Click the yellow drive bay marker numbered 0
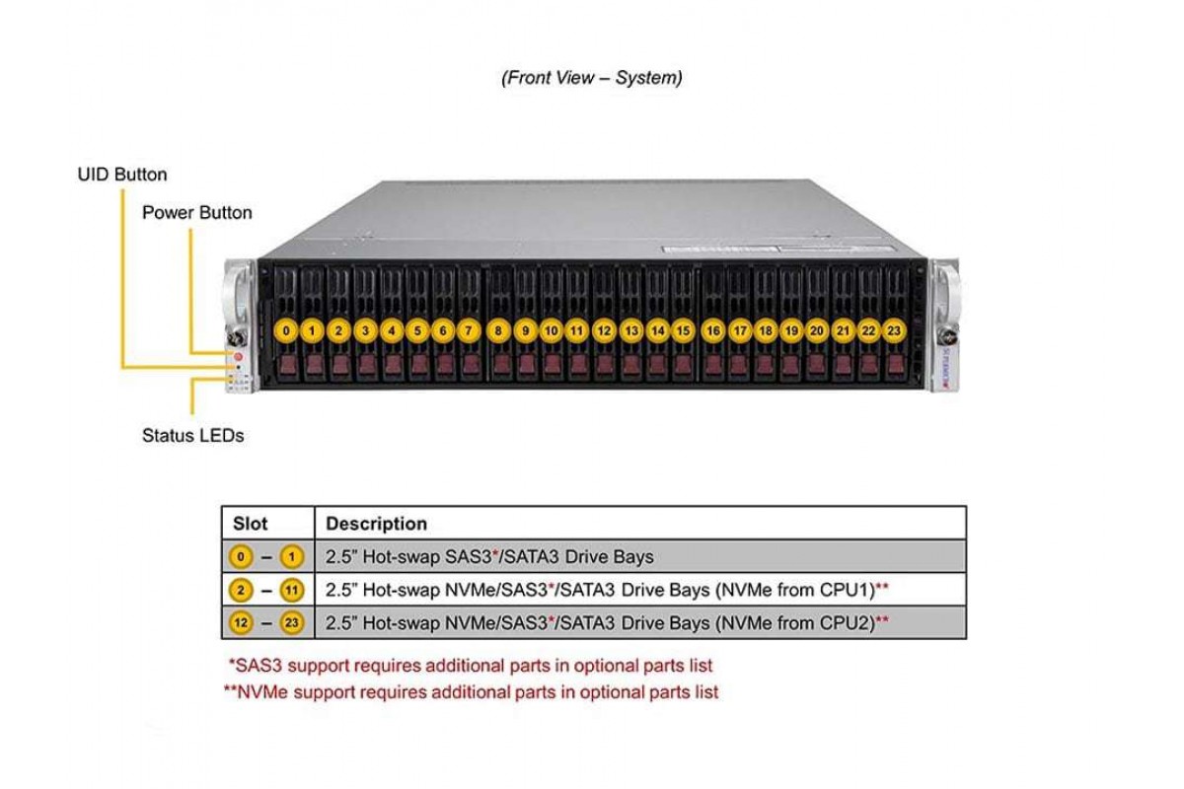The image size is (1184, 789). click(286, 331)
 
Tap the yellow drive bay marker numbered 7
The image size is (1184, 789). click(470, 331)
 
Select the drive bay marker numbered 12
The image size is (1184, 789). click(604, 331)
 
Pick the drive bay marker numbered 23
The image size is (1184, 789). click(894, 331)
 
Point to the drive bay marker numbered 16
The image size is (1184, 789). click(713, 331)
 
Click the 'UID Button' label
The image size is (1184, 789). click(122, 175)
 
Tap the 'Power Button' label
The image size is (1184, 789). click(197, 212)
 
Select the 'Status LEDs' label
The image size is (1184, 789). click(192, 434)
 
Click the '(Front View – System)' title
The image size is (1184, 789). click(591, 78)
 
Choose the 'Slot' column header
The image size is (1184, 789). click(250, 524)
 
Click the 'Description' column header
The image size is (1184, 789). click(376, 524)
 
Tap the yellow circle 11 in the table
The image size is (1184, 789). click(292, 591)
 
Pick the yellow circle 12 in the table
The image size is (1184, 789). click(242, 623)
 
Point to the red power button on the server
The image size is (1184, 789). click(237, 353)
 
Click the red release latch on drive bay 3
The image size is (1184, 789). click(366, 367)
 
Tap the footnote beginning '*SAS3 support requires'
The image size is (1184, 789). click(470, 666)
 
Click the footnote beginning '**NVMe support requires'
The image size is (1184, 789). click(471, 692)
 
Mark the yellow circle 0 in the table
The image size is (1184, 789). click(242, 557)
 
